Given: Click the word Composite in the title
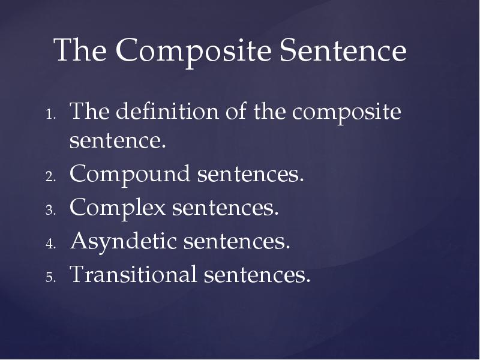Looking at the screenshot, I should tap(194, 52).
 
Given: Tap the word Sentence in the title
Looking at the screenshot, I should tap(343, 52).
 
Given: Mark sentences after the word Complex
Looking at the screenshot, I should tap(226, 209).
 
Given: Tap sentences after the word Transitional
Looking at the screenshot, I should tap(256, 274).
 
